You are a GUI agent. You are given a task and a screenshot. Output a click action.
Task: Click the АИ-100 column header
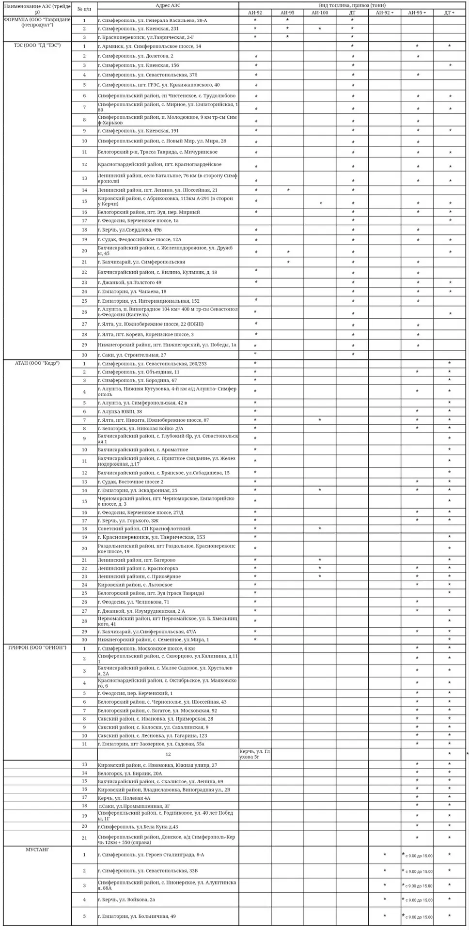tap(320, 13)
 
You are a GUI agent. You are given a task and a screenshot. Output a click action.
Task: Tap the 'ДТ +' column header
tap(449, 13)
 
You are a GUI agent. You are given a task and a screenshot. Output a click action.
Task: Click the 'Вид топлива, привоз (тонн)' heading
tap(352, 5)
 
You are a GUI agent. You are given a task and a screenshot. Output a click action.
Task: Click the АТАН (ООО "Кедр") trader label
tap(37, 363)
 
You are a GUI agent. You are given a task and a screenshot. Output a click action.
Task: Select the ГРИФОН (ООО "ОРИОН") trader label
tap(37, 648)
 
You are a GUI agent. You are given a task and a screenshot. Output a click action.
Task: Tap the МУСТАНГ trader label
tap(37, 849)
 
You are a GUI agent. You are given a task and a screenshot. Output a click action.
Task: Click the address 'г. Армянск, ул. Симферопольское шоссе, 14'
tap(149, 46)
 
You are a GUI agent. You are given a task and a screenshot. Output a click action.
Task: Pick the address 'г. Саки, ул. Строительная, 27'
tap(132, 355)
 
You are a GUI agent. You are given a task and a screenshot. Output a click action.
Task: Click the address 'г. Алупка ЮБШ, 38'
tap(120, 412)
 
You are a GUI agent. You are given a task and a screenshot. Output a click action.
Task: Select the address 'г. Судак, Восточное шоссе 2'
tap(130, 482)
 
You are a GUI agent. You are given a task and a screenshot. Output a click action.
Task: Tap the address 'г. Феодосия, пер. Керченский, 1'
tap(135, 694)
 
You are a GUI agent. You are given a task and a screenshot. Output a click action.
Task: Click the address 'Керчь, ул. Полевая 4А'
tap(124, 798)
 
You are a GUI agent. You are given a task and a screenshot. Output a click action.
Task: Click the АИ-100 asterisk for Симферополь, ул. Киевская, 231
tap(320, 29)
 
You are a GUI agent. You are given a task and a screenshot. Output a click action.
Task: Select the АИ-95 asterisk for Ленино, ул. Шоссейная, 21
tap(288, 190)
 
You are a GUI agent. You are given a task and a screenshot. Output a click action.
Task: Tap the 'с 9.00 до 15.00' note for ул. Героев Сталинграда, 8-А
tap(419, 856)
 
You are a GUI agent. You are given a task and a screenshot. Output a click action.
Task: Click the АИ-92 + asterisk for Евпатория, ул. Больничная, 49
tap(385, 916)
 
